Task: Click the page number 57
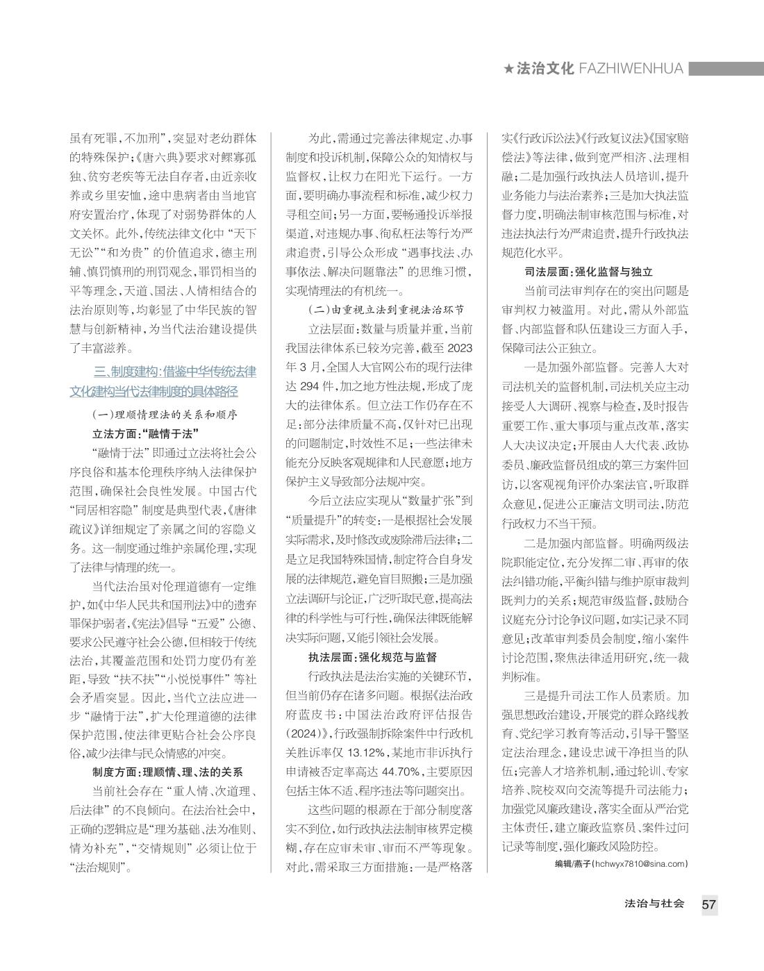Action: click(x=708, y=904)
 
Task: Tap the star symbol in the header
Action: click(x=509, y=69)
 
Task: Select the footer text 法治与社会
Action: click(x=654, y=904)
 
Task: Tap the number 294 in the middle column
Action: click(x=314, y=385)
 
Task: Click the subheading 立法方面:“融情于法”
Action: click(x=142, y=434)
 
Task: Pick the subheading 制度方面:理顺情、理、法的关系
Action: click(x=167, y=772)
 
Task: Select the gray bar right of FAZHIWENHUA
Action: click(x=726, y=68)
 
